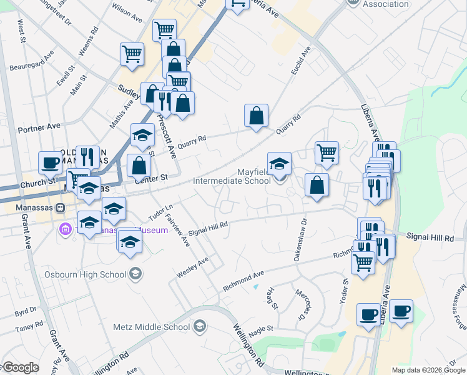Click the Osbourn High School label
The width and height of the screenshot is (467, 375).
point(86,274)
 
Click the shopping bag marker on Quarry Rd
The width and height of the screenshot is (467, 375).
point(256,116)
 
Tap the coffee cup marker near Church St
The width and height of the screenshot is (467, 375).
point(50,163)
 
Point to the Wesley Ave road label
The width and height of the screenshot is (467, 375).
point(192,268)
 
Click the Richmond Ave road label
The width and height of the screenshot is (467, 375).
point(244,281)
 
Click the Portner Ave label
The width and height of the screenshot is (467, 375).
point(39,127)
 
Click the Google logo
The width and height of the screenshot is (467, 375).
point(20,368)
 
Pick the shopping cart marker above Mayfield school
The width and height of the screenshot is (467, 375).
point(327,152)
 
